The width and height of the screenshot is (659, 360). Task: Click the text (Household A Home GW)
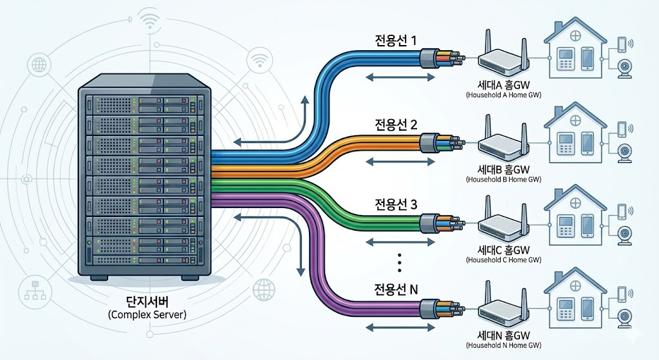click(x=504, y=95)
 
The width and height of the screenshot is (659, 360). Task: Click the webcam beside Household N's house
click(x=623, y=317)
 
